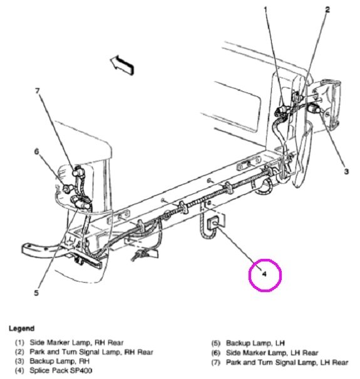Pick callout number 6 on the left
[x=37, y=151]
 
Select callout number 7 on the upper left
[x=37, y=91]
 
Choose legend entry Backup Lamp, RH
[x=63, y=361]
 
